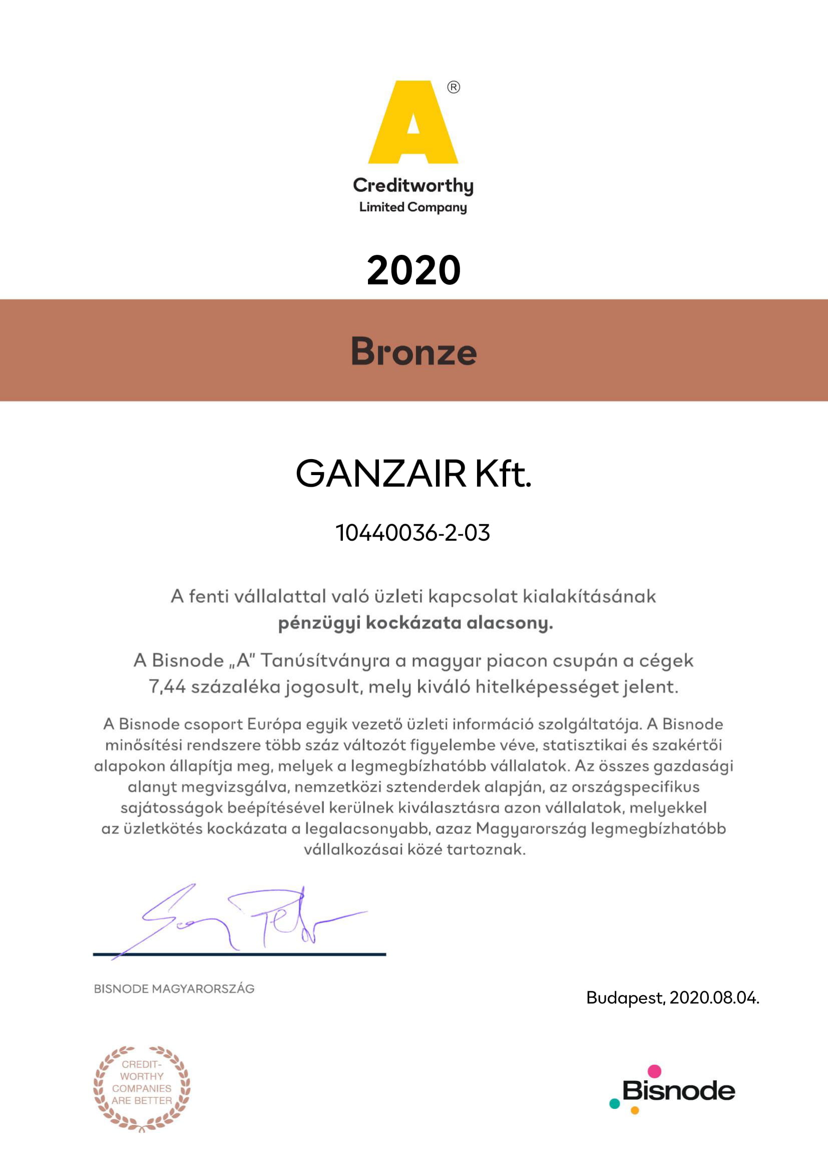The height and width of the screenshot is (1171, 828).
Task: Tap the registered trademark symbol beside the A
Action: [453, 88]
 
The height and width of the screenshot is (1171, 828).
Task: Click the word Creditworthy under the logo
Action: [413, 186]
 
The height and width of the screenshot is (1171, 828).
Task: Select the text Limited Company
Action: [413, 208]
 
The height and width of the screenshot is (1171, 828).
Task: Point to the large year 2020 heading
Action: [413, 270]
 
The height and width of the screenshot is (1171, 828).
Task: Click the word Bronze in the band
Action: [413, 351]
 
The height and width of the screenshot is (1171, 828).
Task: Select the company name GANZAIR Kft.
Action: [413, 473]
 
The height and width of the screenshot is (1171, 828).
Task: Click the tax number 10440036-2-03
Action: [413, 533]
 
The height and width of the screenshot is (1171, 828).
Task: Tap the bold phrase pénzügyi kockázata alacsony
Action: [415, 623]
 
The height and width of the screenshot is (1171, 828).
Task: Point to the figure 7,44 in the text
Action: [167, 686]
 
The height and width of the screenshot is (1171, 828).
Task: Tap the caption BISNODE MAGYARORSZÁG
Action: [174, 989]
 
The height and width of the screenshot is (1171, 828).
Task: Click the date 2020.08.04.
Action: [714, 998]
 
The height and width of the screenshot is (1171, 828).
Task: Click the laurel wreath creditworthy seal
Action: [142, 1088]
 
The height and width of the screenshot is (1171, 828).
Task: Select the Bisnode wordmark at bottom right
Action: [679, 1091]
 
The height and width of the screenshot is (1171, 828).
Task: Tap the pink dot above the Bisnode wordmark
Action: [654, 1071]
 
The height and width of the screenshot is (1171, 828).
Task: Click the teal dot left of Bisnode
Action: [615, 1104]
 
